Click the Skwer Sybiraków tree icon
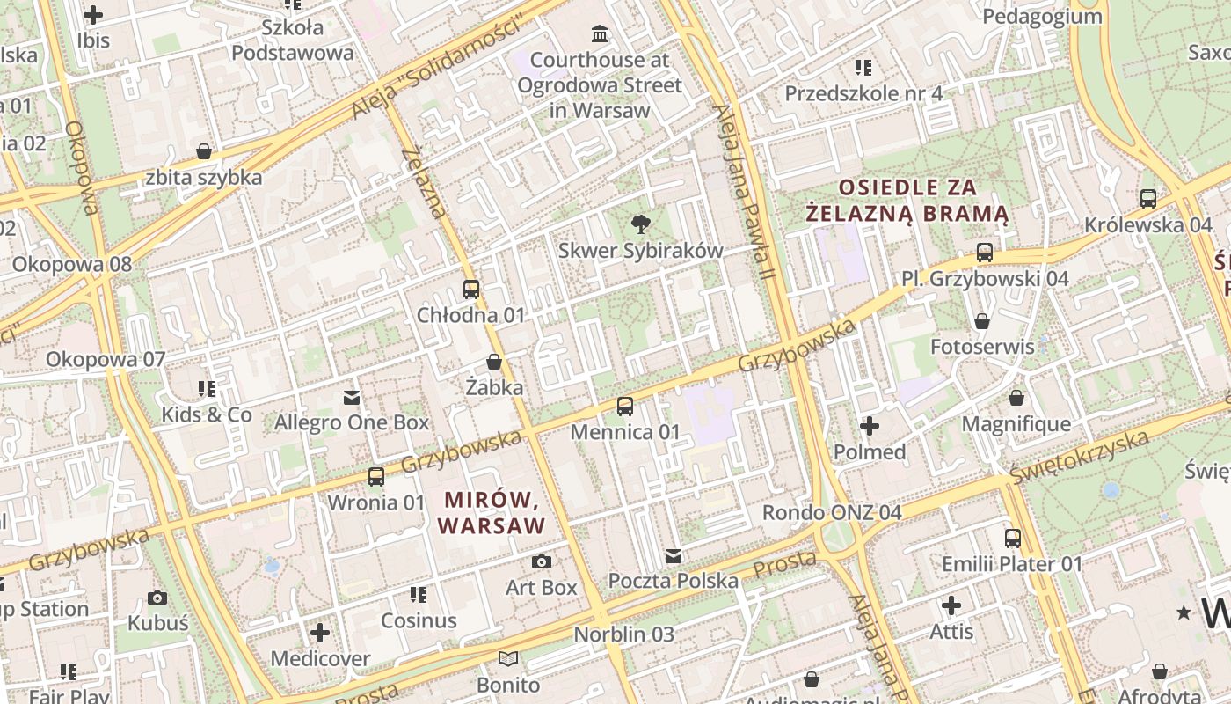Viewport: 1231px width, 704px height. [x=641, y=224]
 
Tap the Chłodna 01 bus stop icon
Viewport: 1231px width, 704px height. [x=471, y=289]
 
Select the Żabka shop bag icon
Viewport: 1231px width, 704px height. [x=494, y=362]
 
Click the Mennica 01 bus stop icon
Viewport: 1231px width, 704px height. [x=625, y=406]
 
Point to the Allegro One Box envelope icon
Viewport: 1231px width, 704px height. [x=352, y=398]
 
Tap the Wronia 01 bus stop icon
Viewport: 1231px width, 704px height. [x=376, y=477]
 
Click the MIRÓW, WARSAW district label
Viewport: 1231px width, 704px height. [x=492, y=513]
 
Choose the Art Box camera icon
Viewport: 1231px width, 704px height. [x=542, y=561]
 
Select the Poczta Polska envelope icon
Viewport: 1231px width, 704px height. [x=674, y=555]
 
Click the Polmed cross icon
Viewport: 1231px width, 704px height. [x=870, y=427]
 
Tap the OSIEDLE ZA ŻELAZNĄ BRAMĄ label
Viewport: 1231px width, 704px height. [x=908, y=200]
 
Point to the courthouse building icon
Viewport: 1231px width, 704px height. [x=600, y=34]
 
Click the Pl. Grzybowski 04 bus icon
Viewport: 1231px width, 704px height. [x=985, y=253]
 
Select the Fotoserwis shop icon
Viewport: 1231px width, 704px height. [x=982, y=321]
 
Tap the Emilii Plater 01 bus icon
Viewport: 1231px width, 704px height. [x=1013, y=538]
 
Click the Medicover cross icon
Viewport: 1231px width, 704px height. [x=320, y=633]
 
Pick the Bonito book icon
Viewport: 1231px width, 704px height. [x=508, y=658]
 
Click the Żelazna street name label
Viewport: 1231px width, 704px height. [x=425, y=183]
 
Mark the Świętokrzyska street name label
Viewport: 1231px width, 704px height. [x=1080, y=457]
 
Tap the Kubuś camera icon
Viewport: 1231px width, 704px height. [x=157, y=598]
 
